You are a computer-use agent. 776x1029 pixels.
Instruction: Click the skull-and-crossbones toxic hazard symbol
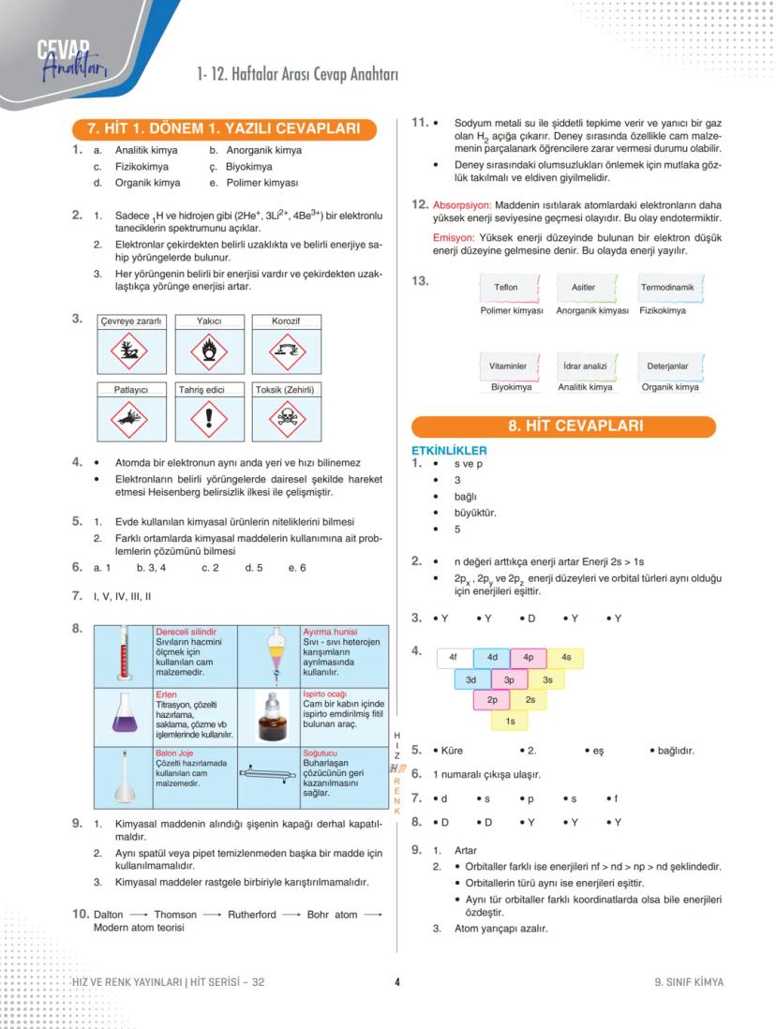(285, 419)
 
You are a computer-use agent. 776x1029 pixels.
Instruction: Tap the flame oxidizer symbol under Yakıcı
(209, 351)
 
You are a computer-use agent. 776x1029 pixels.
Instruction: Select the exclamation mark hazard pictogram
(209, 419)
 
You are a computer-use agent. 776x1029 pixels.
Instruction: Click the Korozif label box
(286, 321)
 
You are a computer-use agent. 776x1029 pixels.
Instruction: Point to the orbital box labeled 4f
(454, 658)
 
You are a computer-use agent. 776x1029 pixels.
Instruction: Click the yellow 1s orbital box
(509, 721)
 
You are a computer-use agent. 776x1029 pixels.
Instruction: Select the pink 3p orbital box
(509, 679)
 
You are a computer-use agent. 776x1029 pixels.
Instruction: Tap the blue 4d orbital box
(491, 658)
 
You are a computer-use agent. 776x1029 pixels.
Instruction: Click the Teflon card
(506, 288)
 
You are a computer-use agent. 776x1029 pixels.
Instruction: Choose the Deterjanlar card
(667, 365)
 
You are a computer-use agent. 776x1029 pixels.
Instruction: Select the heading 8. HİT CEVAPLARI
(563, 426)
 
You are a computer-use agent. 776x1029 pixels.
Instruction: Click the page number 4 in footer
(397, 982)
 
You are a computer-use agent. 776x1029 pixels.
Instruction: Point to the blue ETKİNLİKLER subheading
(449, 451)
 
